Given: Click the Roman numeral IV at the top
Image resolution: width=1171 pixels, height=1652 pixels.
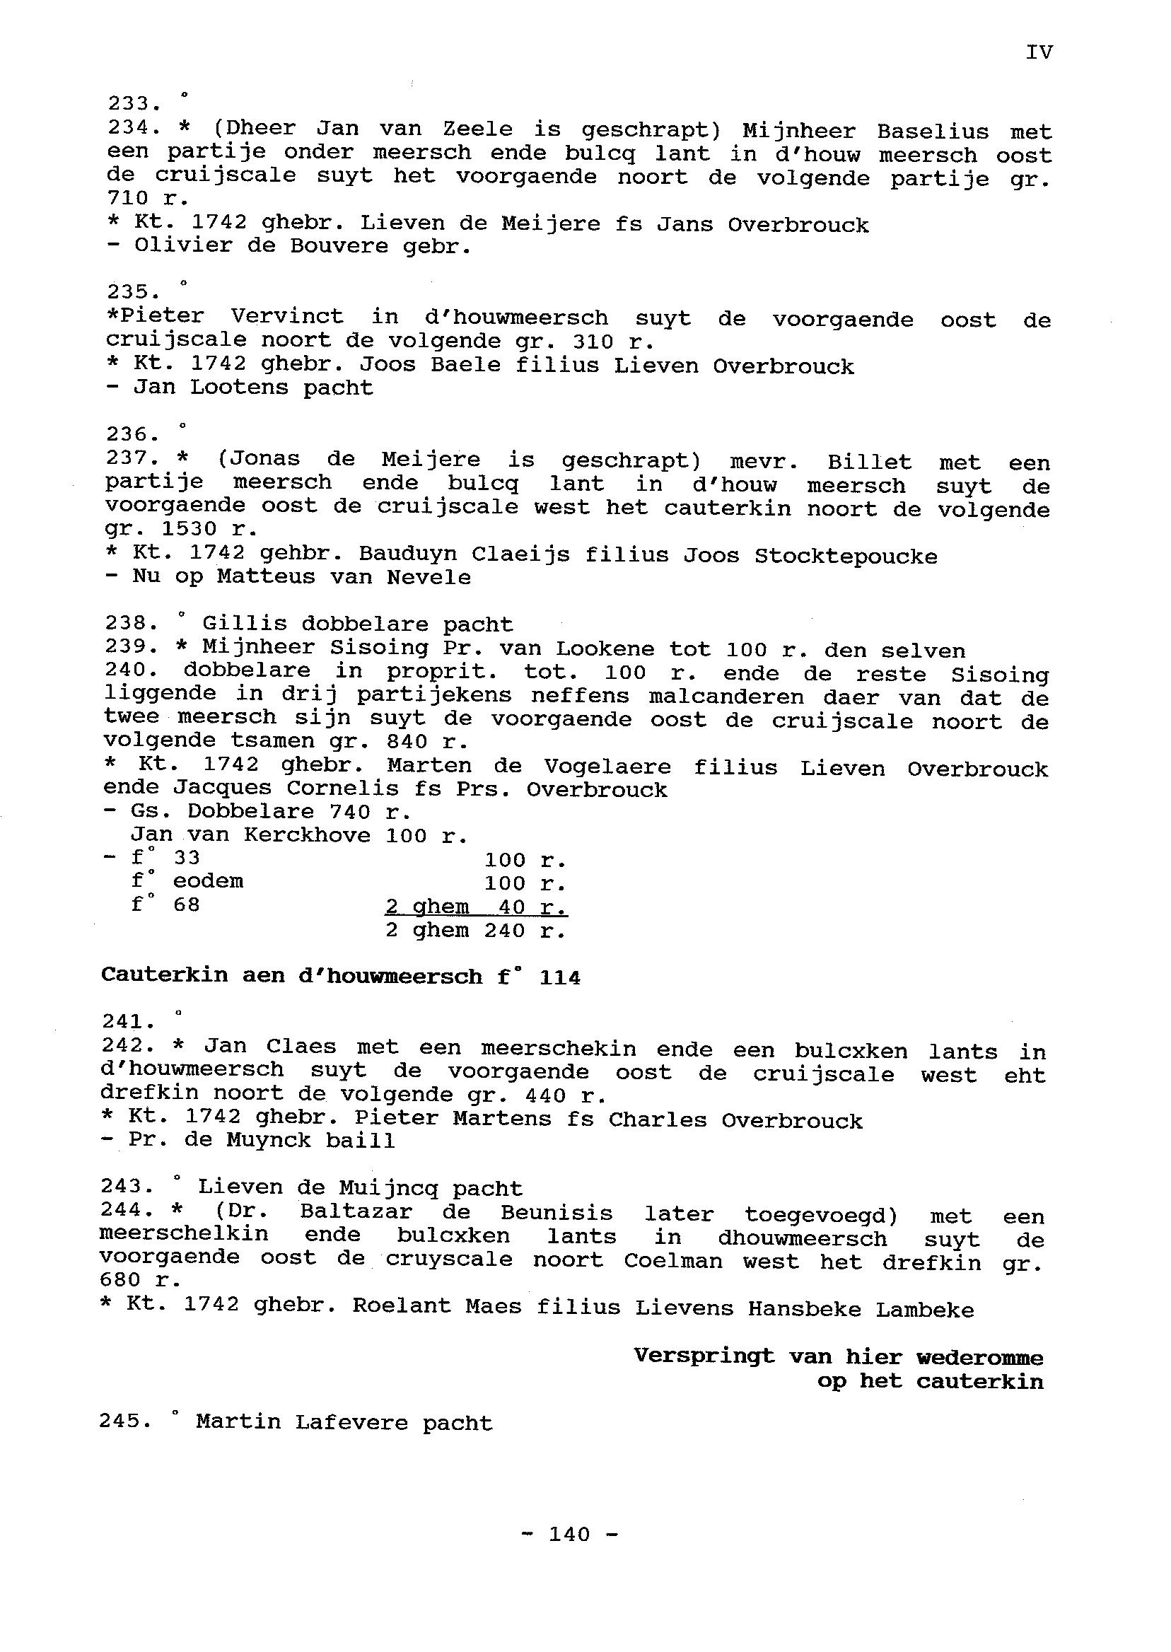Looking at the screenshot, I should [x=1038, y=52].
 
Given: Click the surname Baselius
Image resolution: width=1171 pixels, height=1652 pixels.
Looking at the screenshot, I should [x=932, y=132].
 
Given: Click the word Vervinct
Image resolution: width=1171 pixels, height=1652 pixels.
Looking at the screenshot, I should [x=287, y=317].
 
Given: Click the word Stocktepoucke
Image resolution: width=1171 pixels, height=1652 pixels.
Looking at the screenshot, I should [x=845, y=556].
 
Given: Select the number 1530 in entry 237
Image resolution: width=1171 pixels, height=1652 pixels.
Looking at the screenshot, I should [x=189, y=529].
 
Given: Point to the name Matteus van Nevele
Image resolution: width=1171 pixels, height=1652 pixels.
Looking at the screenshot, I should [x=344, y=577].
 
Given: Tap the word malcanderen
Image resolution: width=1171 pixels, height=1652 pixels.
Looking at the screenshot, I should [x=726, y=697].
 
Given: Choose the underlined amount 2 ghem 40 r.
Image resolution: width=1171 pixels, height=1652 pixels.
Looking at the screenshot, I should [x=476, y=907].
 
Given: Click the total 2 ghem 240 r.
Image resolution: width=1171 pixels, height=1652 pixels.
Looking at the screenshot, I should [x=476, y=930].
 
